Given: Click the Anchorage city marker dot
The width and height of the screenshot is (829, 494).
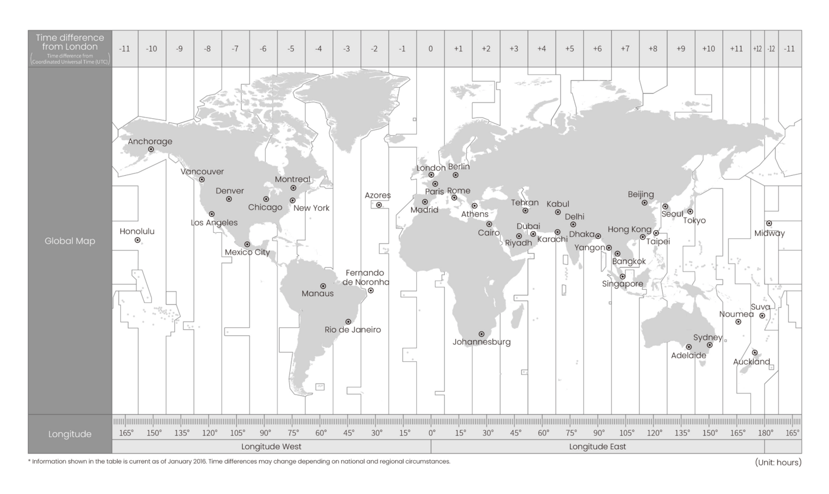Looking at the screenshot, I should tap(151, 149).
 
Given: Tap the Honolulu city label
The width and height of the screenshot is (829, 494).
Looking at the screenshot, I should tap(137, 232).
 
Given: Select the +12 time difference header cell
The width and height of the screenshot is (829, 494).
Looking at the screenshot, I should tap(757, 48).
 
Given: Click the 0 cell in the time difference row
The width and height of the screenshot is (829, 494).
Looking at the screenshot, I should tap(430, 48).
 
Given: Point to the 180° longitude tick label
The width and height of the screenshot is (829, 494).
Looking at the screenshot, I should tap(766, 433).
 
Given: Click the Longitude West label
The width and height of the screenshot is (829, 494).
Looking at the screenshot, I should tap(271, 447).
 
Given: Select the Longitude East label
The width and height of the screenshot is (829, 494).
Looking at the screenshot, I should tap(597, 447).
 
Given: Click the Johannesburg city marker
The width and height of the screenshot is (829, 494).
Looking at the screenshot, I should tap(481, 334).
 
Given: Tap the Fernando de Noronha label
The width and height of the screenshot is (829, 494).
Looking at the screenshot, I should tap(365, 278).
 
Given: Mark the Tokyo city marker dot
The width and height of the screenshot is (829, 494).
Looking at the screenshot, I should tap(690, 212).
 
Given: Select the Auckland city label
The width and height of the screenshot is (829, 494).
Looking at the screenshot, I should tap(751, 362).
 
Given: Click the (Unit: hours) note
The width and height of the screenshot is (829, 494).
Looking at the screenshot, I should tap(778, 462).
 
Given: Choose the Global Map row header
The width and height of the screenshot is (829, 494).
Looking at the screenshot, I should tap(70, 241).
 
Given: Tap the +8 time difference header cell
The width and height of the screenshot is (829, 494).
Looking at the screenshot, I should tap(652, 48).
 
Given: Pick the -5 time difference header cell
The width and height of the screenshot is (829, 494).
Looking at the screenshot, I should tap(291, 48).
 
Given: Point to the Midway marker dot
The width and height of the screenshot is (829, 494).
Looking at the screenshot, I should tap(769, 223).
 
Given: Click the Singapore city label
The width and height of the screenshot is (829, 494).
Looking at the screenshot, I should tap(622, 284).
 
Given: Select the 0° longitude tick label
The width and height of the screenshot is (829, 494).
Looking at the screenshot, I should tap(432, 433).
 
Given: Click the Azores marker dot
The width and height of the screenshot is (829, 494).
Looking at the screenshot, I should tap(379, 205).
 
